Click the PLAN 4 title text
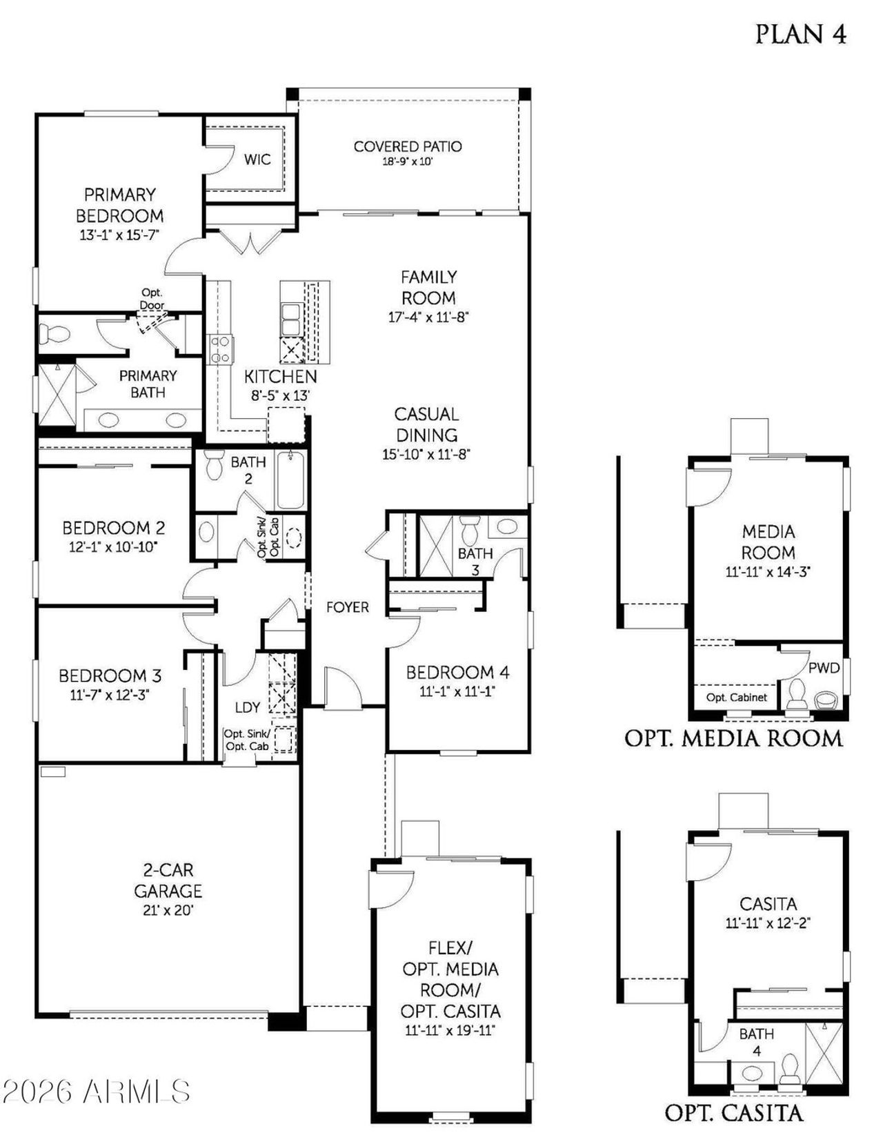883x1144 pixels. point(800,34)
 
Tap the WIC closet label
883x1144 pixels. point(257,159)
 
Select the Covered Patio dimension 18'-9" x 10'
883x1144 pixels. point(407,162)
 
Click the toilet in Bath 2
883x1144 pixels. point(215,465)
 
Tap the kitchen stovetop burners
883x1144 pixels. point(221,348)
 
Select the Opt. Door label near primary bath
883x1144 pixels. point(152,299)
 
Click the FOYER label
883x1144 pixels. point(348,607)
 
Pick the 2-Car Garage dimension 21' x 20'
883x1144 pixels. point(168,910)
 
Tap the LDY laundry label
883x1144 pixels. point(248,707)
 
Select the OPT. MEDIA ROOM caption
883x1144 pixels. point(733,738)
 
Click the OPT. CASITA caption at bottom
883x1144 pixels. point(733,1112)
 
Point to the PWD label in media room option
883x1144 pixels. point(824,667)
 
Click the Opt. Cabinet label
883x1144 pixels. point(736,697)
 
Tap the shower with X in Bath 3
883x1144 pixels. point(436,545)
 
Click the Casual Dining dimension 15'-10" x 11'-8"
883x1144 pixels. point(426,454)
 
